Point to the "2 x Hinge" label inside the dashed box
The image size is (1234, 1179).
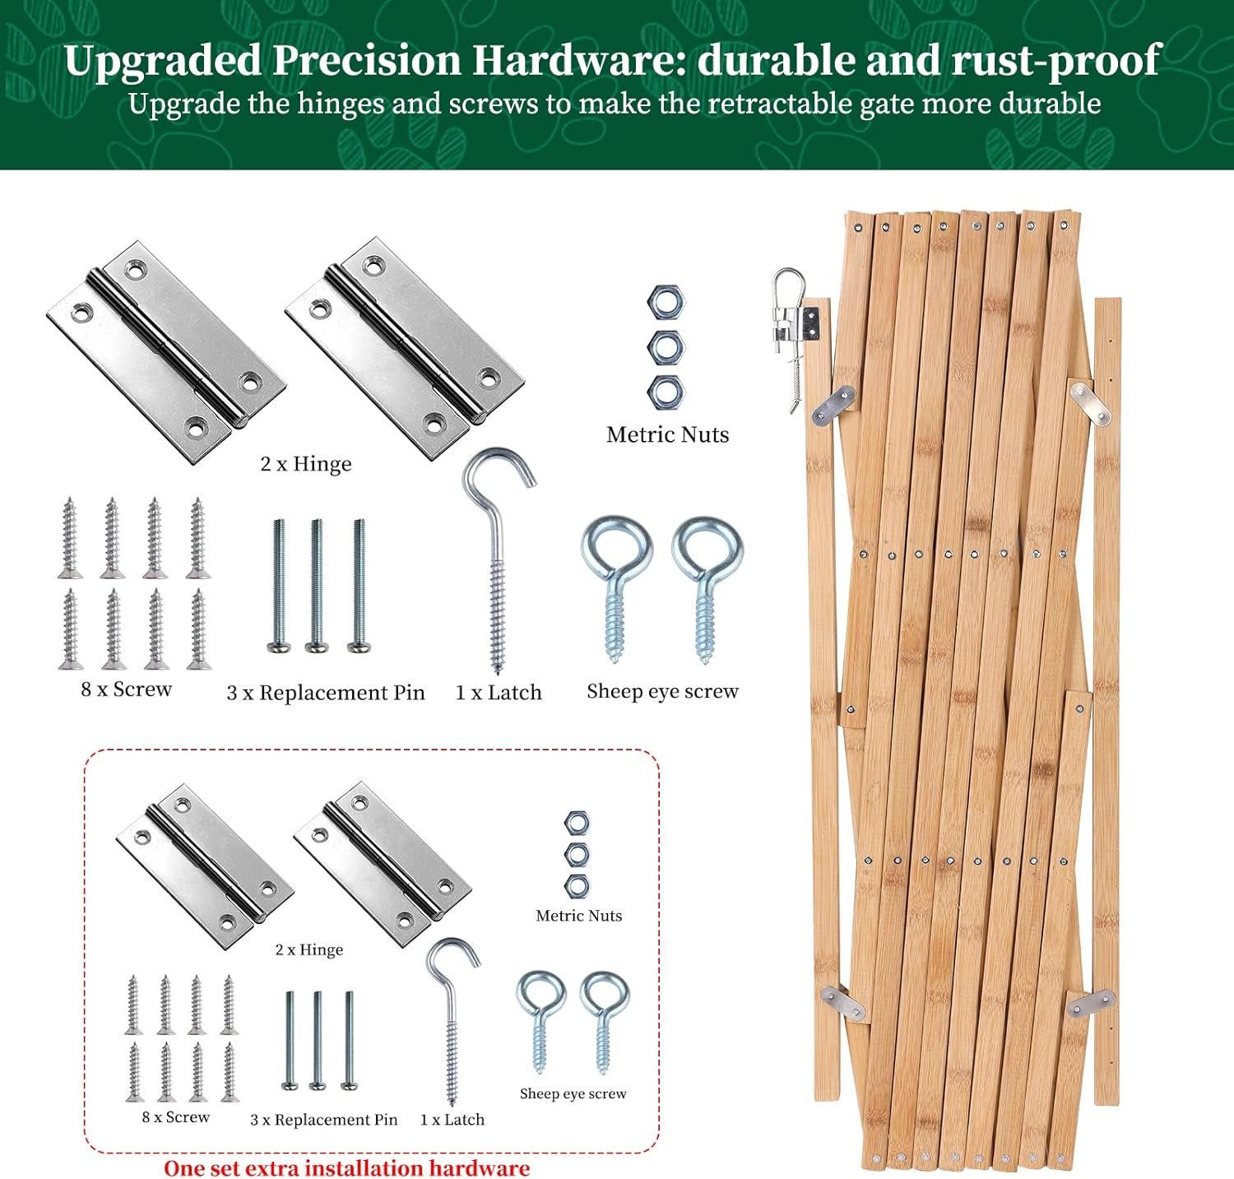(309, 949)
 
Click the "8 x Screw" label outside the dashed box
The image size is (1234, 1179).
(126, 689)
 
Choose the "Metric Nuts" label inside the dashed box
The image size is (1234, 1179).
(579, 916)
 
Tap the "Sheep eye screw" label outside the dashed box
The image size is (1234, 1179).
(662, 692)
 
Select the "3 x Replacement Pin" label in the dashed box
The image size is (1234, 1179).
(323, 1120)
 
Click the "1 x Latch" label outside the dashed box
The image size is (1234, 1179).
(499, 693)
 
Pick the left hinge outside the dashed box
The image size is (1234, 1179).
(166, 353)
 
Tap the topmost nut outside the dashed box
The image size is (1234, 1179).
(666, 303)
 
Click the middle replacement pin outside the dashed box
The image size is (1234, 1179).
(317, 586)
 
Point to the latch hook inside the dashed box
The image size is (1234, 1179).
(452, 1020)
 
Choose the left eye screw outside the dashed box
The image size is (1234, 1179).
(616, 588)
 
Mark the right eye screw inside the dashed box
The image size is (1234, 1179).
(605, 1022)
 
